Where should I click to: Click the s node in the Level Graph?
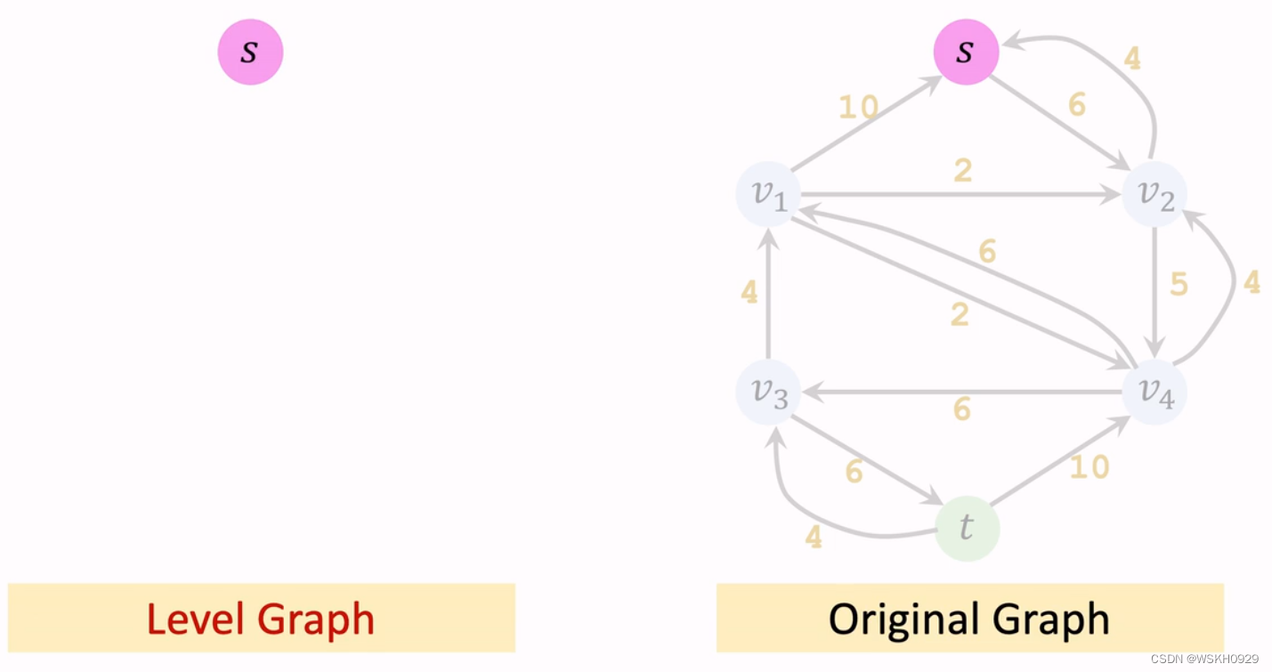[x=250, y=53]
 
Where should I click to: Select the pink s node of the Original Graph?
[x=966, y=53]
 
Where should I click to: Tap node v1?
[x=768, y=194]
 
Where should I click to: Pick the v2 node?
[x=1154, y=194]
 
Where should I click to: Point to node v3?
[x=768, y=392]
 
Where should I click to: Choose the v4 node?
[x=1154, y=392]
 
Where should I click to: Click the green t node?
[x=968, y=529]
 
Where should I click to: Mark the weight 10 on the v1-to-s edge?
[x=858, y=108]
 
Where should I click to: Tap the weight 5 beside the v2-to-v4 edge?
[x=1179, y=285]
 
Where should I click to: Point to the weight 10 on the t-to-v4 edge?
[x=1089, y=466]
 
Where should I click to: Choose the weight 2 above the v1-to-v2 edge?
[x=962, y=171]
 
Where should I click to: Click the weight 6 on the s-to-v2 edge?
[x=1076, y=105]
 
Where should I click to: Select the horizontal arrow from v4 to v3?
[x=961, y=392]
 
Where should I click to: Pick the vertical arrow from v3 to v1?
[x=768, y=294]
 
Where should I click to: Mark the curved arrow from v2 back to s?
[x=1130, y=71]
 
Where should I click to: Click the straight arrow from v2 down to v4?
[x=1155, y=289]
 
